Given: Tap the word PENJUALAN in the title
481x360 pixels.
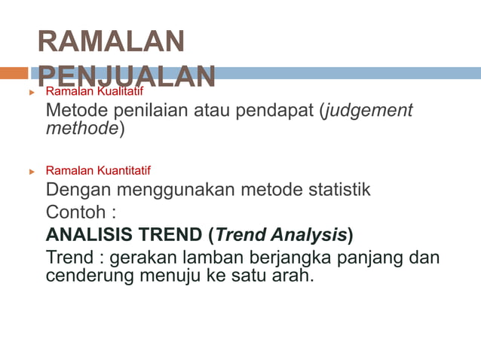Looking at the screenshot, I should pos(126,75).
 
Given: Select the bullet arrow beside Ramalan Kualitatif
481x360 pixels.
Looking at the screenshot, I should pos(32,92).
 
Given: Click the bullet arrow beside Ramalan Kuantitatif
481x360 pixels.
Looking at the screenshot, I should pos(32,171).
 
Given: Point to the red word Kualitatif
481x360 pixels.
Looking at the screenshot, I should pos(123,92).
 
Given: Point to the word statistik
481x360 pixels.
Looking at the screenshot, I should pos(336,189).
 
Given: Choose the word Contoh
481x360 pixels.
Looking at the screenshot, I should pos(74,212).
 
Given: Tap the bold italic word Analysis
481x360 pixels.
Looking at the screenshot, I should pos(309,235).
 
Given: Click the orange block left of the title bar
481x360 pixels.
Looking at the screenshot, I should pos(14,73).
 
